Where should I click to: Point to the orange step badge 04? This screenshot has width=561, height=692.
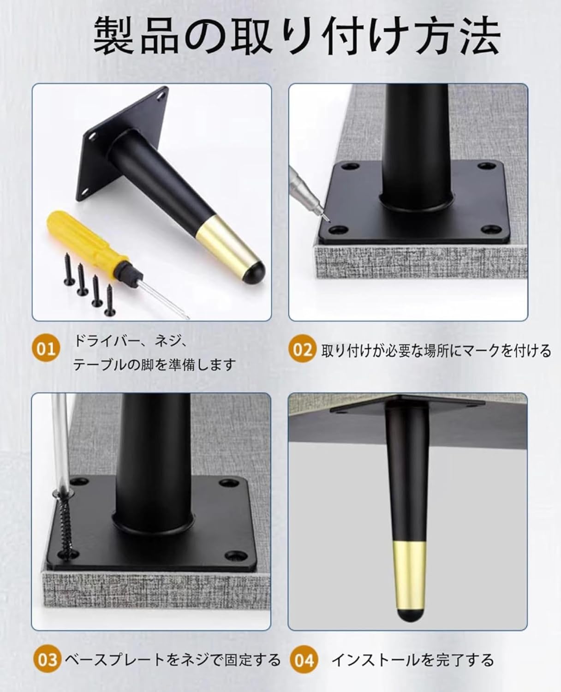(304, 660)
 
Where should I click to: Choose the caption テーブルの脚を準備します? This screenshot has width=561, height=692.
(155, 365)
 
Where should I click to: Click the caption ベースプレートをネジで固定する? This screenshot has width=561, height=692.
(173, 660)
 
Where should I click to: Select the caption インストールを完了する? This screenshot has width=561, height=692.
(412, 660)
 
